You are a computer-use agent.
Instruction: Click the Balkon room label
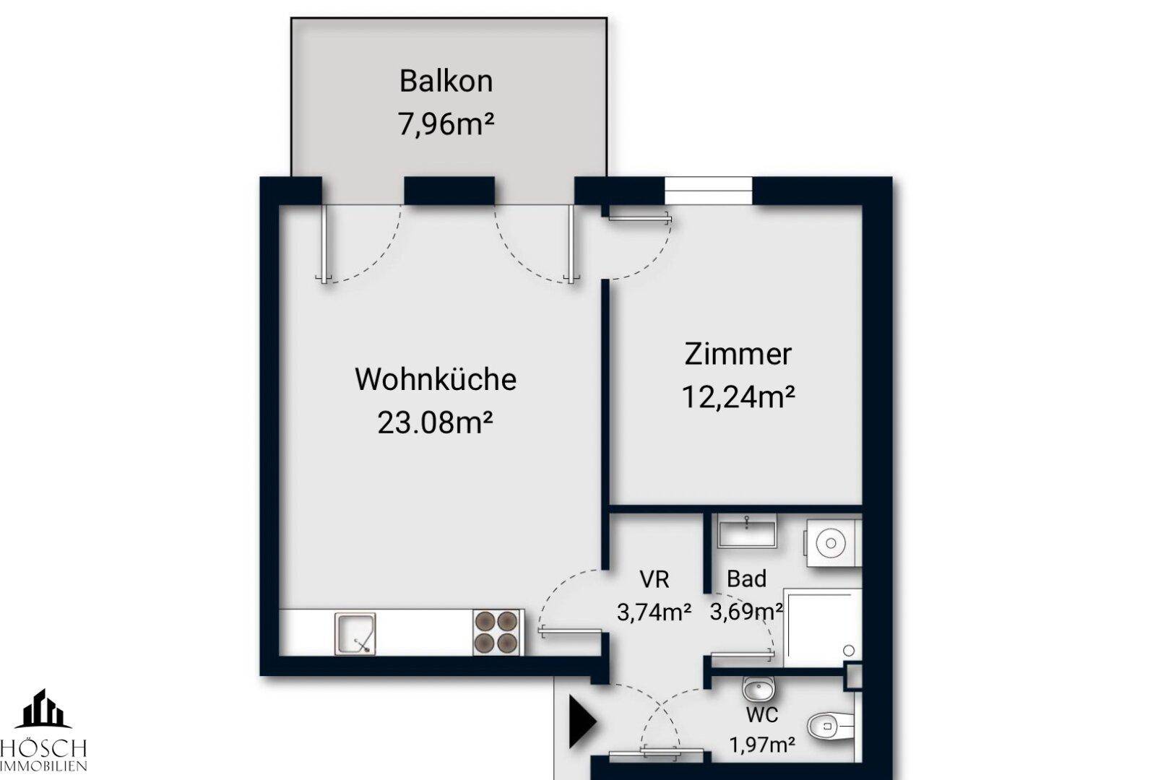pyautogui.click(x=446, y=81)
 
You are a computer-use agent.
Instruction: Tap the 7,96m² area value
pyautogui.click(x=446, y=124)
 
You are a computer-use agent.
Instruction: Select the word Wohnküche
pyautogui.click(x=436, y=379)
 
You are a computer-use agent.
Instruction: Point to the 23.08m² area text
pyautogui.click(x=435, y=422)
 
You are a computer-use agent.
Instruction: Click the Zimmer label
pyautogui.click(x=738, y=354)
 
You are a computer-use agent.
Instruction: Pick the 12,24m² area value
pyautogui.click(x=738, y=396)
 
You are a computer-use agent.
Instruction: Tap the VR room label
pyautogui.click(x=654, y=578)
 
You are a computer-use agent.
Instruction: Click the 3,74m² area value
pyautogui.click(x=654, y=612)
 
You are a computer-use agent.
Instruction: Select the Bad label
pyautogui.click(x=746, y=578)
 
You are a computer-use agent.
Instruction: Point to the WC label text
pyautogui.click(x=762, y=715)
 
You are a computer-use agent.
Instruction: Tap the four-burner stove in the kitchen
pyautogui.click(x=497, y=633)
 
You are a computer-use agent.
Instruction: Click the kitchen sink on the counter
pyautogui.click(x=355, y=633)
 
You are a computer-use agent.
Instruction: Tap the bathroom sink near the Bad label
pyautogui.click(x=747, y=532)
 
